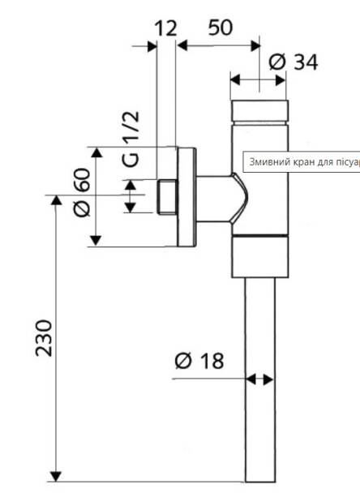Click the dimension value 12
click(166, 28)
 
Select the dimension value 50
click(221, 28)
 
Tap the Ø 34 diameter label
click(294, 62)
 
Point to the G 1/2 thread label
click(131, 139)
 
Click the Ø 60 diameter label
click(82, 192)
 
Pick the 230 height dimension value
click(44, 338)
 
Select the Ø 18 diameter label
click(199, 361)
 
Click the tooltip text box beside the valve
click(302, 162)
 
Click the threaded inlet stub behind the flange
click(167, 197)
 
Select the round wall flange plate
click(186, 197)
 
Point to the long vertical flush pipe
click(260, 379)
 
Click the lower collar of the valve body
click(260, 256)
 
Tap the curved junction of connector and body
click(239, 198)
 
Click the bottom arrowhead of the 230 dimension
click(56, 477)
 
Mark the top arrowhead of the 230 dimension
click(56, 200)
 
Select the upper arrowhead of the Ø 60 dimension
click(96, 152)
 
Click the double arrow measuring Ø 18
click(259, 379)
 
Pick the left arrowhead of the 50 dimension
click(182, 45)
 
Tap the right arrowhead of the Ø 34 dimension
click(281, 79)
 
